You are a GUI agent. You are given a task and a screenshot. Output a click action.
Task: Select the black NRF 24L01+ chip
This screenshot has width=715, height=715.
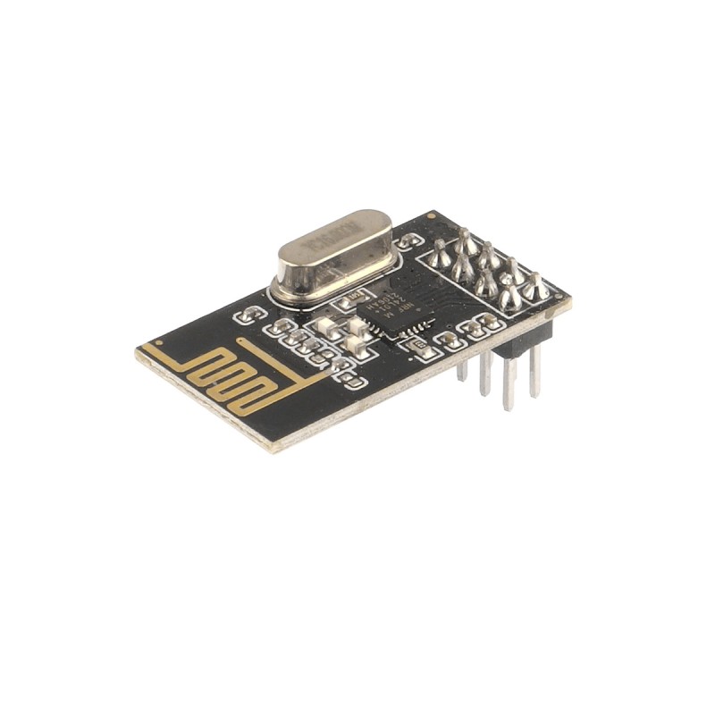pyautogui.click(x=394, y=309)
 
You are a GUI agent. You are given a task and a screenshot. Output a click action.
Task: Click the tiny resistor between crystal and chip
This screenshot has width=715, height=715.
pyautogui.click(x=356, y=293)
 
